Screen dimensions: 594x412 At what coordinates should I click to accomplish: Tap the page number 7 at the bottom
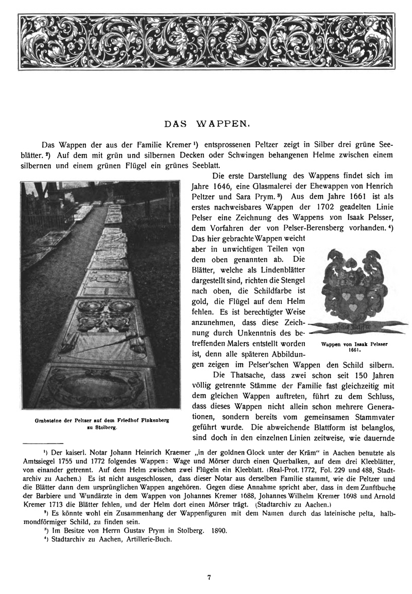pos(210,578)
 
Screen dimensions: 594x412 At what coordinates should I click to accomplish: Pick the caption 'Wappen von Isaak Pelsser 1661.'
pos(353,346)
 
